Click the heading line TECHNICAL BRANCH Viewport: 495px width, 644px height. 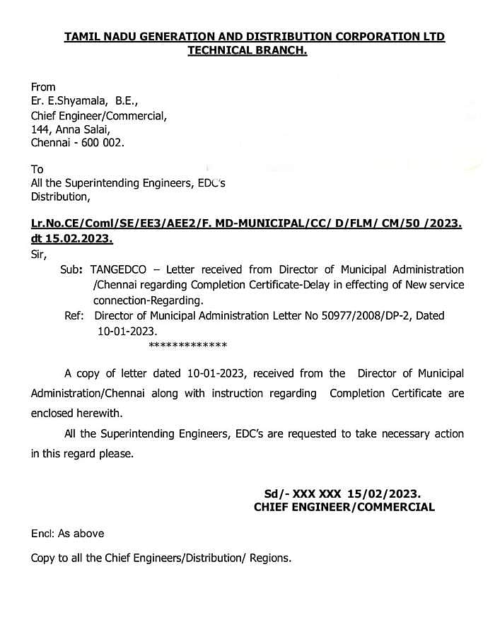(x=247, y=50)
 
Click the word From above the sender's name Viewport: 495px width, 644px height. (x=43, y=87)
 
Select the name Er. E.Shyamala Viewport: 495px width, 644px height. (x=69, y=101)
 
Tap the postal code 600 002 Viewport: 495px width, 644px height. (x=103, y=142)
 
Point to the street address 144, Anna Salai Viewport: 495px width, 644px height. (x=70, y=129)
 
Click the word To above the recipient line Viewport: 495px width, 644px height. (x=37, y=169)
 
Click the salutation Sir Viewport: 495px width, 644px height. (x=39, y=252)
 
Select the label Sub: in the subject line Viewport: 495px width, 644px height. (x=74, y=269)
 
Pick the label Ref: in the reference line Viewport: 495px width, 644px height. (x=75, y=315)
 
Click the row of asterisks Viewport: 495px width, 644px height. (x=187, y=346)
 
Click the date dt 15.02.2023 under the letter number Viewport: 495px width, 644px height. (x=71, y=238)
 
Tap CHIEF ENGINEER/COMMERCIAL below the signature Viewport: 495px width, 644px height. (x=344, y=507)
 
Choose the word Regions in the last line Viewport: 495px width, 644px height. (x=269, y=558)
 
